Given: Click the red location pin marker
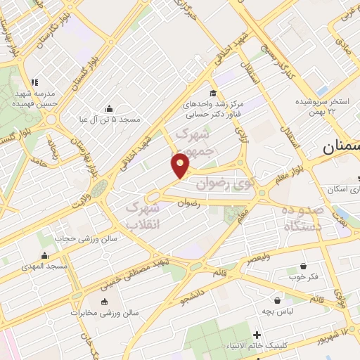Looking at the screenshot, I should pos(181,165).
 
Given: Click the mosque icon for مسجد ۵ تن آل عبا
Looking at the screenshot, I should pos(109,108).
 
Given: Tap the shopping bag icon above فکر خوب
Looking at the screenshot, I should pos(303,266).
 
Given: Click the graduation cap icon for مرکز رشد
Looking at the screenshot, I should pos(212,92).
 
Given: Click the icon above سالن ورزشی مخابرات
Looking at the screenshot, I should pos(105,302).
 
